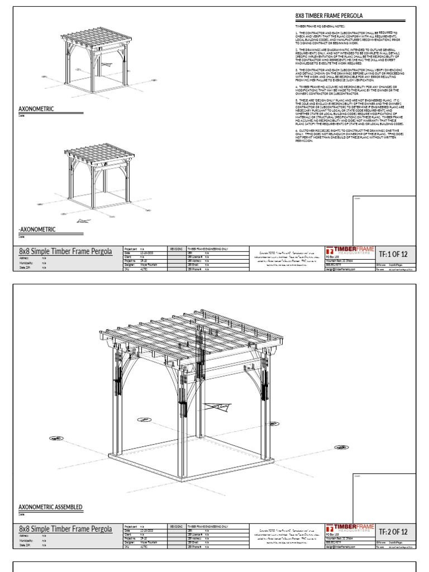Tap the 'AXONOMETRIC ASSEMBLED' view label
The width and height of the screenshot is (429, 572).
point(51,507)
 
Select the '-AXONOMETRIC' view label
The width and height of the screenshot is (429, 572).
point(37,230)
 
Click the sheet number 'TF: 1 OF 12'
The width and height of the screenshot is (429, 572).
point(393,255)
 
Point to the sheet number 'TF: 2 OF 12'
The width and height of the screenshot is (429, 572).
point(393,531)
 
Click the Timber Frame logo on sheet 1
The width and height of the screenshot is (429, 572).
point(350,250)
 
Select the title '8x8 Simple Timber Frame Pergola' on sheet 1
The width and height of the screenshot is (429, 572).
point(65,251)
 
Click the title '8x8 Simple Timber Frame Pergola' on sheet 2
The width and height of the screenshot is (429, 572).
point(65,528)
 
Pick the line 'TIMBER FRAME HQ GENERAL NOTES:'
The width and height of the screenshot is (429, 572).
point(320,26)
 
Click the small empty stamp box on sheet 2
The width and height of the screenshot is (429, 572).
point(384,497)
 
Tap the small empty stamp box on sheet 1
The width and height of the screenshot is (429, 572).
point(384,220)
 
